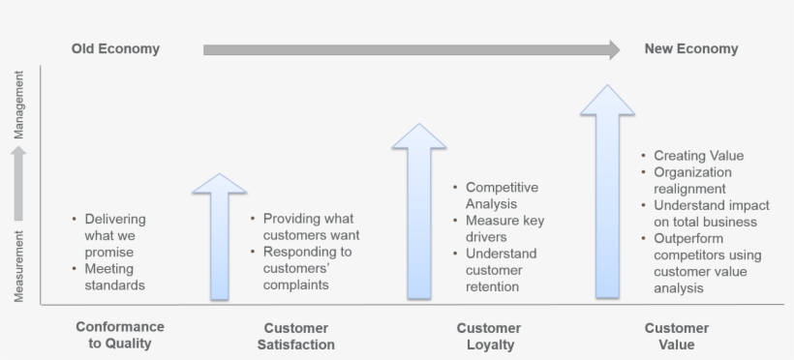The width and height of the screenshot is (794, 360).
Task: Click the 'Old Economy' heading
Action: [115, 48]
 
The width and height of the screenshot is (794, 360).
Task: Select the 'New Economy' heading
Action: [690, 48]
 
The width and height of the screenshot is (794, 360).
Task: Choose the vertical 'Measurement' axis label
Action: [18, 265]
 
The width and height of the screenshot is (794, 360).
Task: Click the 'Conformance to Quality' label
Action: [120, 335]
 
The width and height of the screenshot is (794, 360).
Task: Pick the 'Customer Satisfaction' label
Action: [296, 336]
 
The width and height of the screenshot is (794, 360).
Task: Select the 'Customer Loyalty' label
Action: [488, 336]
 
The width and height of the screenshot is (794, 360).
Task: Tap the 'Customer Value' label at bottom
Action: [677, 336]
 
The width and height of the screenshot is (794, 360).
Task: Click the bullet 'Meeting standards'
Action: [114, 277]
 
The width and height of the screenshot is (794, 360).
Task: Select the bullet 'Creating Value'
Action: [698, 156]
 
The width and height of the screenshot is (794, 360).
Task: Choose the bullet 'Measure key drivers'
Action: [504, 228]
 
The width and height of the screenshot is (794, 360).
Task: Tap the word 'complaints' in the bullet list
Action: [295, 285]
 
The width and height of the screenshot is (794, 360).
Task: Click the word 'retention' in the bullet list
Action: [493, 286]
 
